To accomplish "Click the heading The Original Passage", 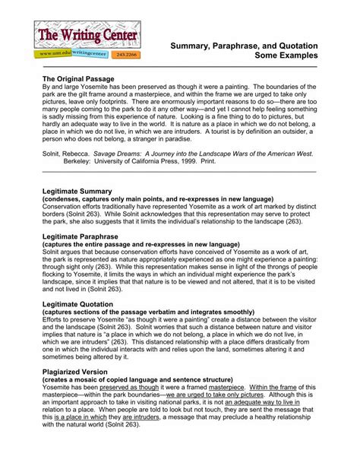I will tap(78, 79).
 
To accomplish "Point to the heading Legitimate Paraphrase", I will tap(83, 236).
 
